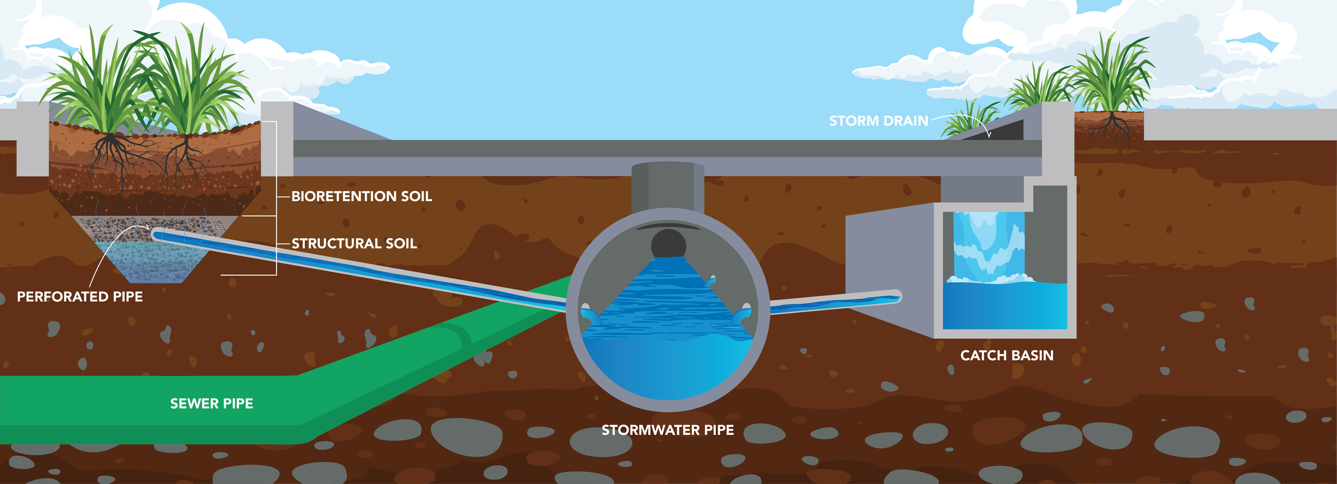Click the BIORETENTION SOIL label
click(x=362, y=197)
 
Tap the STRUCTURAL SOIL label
click(x=354, y=244)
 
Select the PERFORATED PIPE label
click(x=80, y=297)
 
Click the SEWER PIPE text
click(x=211, y=404)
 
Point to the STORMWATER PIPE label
click(x=667, y=430)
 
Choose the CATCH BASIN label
click(x=1006, y=356)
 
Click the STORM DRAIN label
click(x=878, y=121)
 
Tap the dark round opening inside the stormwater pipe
click(x=668, y=244)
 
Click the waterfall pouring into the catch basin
click(x=988, y=246)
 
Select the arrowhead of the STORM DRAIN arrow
click(x=989, y=136)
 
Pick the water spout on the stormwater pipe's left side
click(x=590, y=315)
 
